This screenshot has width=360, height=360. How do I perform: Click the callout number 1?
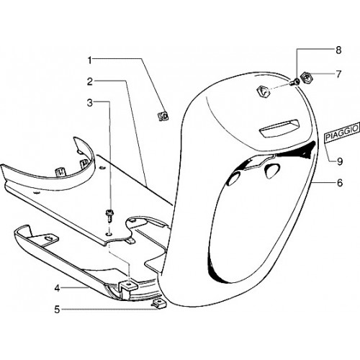[90, 60]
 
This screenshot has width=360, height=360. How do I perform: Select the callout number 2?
[90, 82]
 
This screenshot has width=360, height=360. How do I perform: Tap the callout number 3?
[90, 103]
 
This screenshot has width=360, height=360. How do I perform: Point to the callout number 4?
[57, 288]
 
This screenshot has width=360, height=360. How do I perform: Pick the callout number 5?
[57, 310]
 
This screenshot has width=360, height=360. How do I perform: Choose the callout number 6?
[340, 183]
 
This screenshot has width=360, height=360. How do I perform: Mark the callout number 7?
[338, 74]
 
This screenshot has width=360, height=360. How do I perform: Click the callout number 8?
[338, 50]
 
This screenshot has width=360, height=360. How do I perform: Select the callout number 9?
[340, 161]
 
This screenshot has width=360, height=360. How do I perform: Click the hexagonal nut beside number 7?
[306, 78]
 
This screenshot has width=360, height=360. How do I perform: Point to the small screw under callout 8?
[294, 82]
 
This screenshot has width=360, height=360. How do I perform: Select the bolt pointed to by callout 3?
[109, 215]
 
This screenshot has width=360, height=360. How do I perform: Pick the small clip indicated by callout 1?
[163, 116]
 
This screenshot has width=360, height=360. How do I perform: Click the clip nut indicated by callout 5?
[158, 303]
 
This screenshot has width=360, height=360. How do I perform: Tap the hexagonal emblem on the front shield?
[263, 91]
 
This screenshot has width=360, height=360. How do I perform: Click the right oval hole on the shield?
[272, 170]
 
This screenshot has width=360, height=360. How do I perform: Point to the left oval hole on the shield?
[233, 179]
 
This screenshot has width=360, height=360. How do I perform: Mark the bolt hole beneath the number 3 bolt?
[109, 233]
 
